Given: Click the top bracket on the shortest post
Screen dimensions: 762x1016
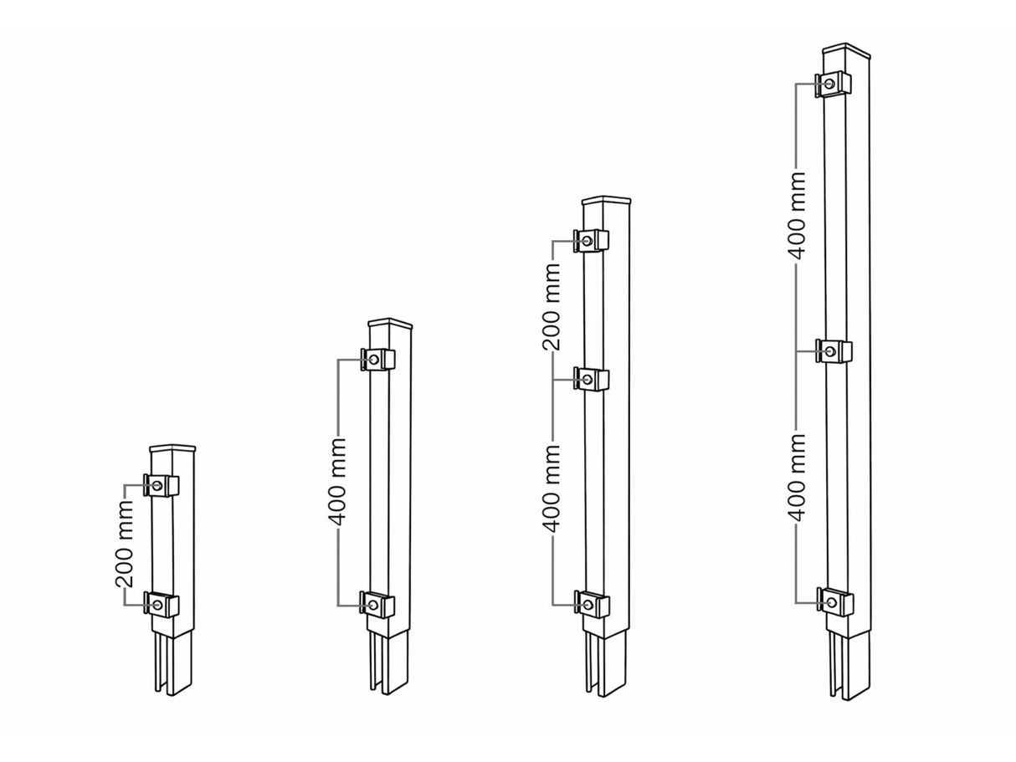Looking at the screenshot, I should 162,486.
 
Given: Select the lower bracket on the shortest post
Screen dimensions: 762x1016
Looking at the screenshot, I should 162,604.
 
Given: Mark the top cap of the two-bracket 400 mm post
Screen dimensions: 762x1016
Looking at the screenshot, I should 390,323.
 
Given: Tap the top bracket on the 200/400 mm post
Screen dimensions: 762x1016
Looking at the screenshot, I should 592,241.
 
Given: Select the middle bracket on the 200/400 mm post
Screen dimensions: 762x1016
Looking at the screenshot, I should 592,380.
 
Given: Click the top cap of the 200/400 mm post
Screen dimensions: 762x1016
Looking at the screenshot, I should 604,201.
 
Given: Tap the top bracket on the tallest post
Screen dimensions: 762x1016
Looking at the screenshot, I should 834,84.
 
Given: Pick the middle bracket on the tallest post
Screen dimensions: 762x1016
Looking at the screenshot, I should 834,351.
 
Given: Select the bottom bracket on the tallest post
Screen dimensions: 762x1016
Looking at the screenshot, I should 834,601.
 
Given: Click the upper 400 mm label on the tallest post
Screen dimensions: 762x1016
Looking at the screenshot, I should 798,216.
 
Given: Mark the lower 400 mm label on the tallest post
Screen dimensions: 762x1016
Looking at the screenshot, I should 798,477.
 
